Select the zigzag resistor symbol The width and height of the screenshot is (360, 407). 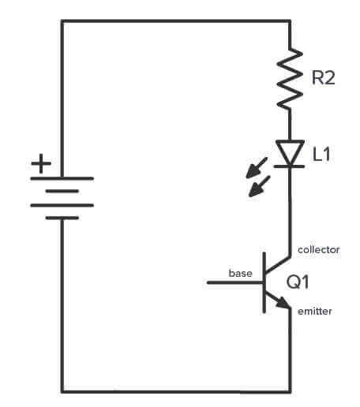[x=291, y=77]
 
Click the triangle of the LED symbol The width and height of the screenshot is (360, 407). [x=291, y=151]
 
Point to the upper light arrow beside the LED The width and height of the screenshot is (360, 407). [x=255, y=168]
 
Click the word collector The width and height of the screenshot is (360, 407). [x=318, y=249]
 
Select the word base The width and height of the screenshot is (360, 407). [x=240, y=273]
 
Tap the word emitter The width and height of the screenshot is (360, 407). [x=315, y=312]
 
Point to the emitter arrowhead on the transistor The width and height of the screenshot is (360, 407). [x=282, y=303]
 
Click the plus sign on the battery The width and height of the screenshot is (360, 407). [x=39, y=165]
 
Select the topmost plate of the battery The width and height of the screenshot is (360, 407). [x=62, y=178]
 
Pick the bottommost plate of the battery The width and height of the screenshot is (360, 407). [x=62, y=218]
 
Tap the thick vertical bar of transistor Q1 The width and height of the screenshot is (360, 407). [x=264, y=282]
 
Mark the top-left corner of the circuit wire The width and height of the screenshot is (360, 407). [x=62, y=21]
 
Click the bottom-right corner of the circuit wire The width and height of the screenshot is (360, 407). [x=291, y=390]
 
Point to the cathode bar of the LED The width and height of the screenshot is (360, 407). [x=291, y=166]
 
